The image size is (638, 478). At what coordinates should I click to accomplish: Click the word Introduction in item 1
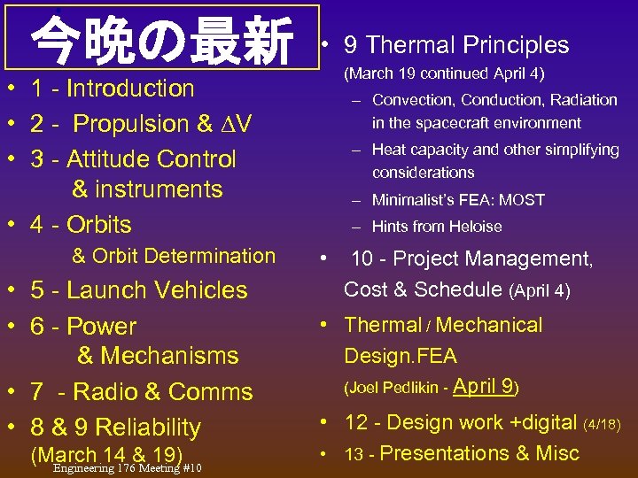point(130,89)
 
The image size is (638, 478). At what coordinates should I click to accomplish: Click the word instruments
point(159,189)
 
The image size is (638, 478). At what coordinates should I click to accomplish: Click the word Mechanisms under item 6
point(168,356)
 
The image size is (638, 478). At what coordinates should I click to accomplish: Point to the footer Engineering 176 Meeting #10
point(128,468)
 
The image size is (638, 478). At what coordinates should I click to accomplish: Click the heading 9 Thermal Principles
point(467,45)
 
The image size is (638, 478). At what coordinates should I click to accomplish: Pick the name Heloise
point(474,227)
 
